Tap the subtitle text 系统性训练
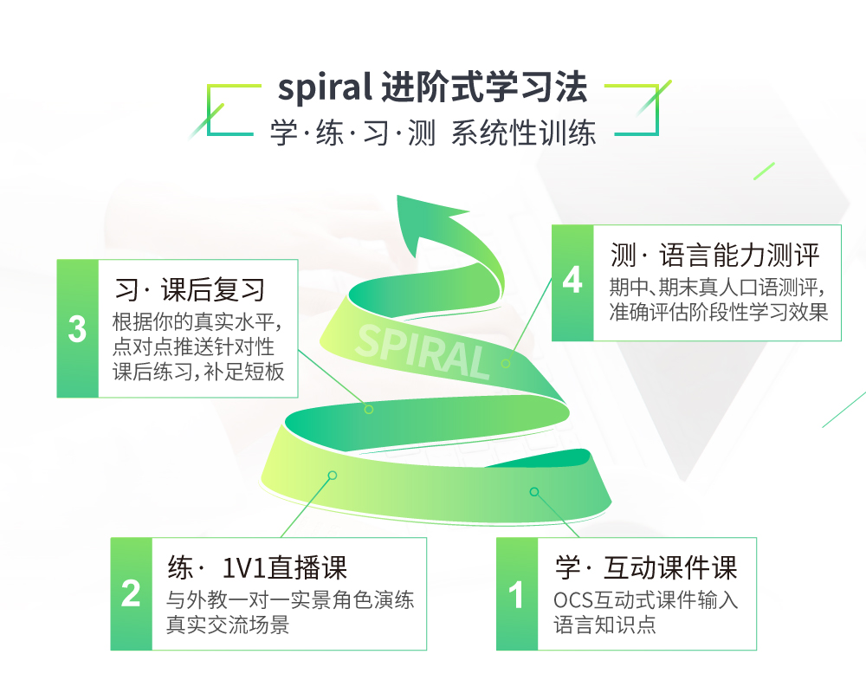point(523,134)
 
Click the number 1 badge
point(517,595)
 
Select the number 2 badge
point(131,595)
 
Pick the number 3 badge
point(78,329)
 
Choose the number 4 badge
point(572,282)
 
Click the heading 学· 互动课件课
point(645,568)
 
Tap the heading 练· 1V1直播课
point(257,568)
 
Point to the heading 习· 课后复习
point(190,289)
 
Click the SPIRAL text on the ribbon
point(423,351)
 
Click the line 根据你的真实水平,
point(198,321)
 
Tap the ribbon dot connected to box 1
point(534,492)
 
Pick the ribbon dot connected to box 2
point(332,475)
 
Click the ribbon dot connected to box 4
point(506,363)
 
